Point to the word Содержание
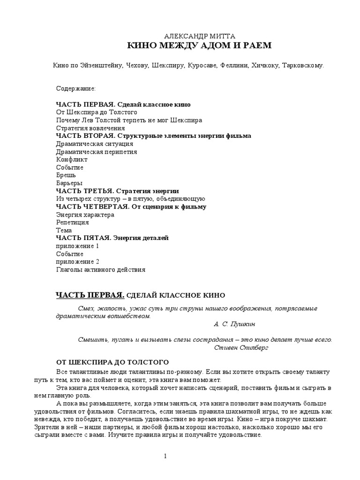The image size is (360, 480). click(x=76, y=89)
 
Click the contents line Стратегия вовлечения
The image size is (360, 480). click(x=90, y=128)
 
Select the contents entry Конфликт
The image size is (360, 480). click(x=72, y=159)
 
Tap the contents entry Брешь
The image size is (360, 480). click(x=66, y=175)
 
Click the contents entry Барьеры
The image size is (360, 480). click(x=69, y=183)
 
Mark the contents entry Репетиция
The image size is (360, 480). click(x=72, y=223)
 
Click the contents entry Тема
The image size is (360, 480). click(x=64, y=230)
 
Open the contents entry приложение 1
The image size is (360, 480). click(x=77, y=246)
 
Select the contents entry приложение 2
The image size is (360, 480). click(x=77, y=262)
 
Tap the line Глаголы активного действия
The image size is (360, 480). click(x=100, y=270)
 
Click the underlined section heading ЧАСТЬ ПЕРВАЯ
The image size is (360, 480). click(x=90, y=295)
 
